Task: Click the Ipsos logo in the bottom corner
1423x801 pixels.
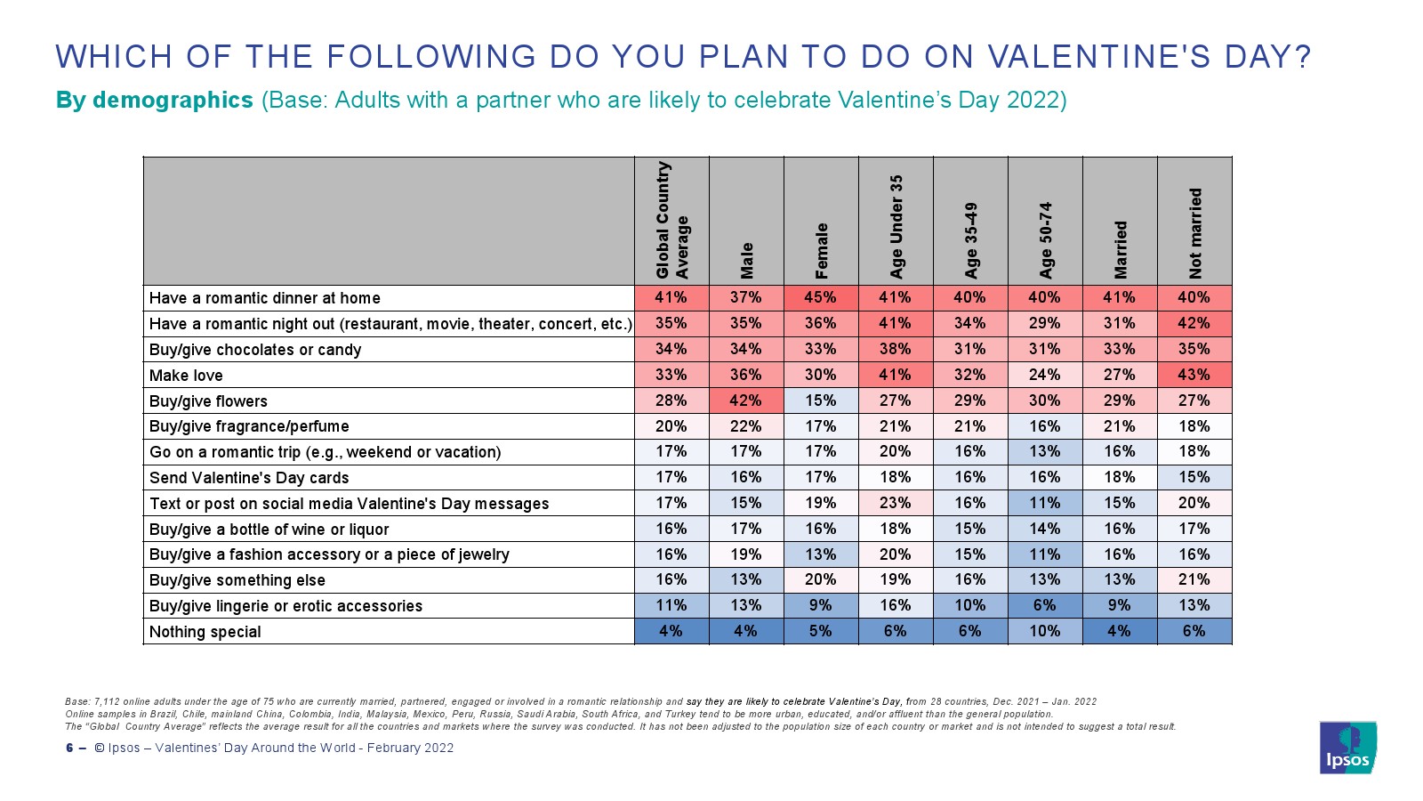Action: pyautogui.click(x=1348, y=748)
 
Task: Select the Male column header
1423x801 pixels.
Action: pyautogui.click(x=747, y=261)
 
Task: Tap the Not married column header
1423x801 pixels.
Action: pyautogui.click(x=1195, y=233)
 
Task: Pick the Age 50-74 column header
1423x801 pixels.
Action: pyautogui.click(x=1046, y=240)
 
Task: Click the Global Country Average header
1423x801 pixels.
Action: pyautogui.click(x=671, y=220)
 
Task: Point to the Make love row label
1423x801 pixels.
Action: pyautogui.click(x=186, y=376)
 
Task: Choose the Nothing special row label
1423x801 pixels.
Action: pyautogui.click(x=205, y=632)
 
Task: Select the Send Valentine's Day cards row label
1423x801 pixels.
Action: pyautogui.click(x=249, y=478)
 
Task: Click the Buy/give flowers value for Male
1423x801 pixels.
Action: pyautogui.click(x=746, y=400)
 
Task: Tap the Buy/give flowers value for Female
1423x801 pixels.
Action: pyautogui.click(x=821, y=400)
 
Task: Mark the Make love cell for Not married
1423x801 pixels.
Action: pyautogui.click(x=1194, y=375)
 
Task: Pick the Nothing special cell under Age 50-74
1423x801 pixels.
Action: pyautogui.click(x=1045, y=631)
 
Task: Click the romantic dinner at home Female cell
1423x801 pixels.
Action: pyautogui.click(x=821, y=297)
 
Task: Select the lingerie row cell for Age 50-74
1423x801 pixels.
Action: pyautogui.click(x=1045, y=605)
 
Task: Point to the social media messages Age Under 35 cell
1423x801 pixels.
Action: pyautogui.click(x=896, y=503)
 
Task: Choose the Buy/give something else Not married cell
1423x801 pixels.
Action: pyautogui.click(x=1194, y=579)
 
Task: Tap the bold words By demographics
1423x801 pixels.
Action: pyautogui.click(x=155, y=100)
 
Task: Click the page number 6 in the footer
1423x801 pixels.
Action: pyautogui.click(x=69, y=748)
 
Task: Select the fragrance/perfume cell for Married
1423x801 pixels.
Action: pyautogui.click(x=1120, y=426)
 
